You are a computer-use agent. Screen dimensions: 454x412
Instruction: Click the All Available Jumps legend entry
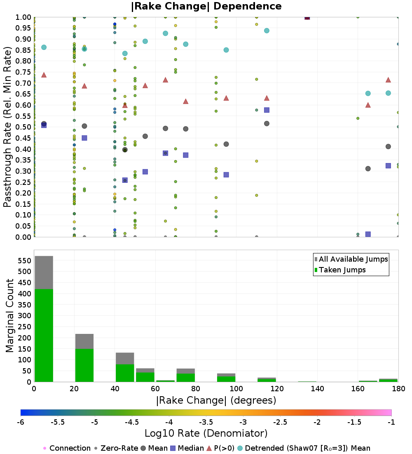coord(351,259)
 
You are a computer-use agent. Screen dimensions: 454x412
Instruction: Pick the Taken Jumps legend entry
coord(339,270)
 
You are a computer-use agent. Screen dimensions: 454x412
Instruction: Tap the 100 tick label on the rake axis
coord(236,389)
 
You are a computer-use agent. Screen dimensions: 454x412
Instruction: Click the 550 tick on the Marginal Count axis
coord(24,261)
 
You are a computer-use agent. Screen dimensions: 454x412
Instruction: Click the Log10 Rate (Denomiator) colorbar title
coord(206,433)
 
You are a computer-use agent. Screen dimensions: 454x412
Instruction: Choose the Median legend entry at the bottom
coord(188,448)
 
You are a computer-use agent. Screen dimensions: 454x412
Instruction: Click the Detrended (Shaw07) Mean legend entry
coord(303,448)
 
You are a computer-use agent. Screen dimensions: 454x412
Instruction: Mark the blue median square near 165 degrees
coord(368,234)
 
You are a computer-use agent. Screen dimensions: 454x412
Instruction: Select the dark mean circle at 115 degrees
coord(267,123)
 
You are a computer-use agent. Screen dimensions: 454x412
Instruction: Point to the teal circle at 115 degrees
coord(267,31)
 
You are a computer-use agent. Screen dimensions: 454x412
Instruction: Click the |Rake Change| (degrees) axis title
coord(216,400)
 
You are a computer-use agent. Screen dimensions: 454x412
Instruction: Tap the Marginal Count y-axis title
coord(10,316)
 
